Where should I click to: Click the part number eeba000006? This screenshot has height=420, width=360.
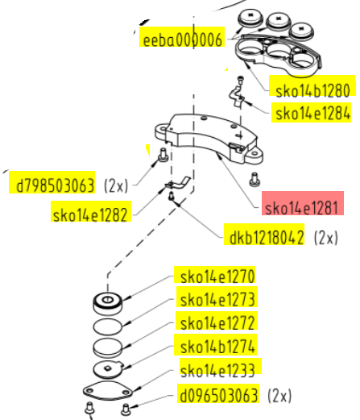[183, 40]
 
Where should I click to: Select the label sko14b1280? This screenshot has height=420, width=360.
[312, 90]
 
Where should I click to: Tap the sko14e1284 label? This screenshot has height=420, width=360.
[313, 113]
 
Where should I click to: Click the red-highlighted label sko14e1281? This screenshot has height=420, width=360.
[301, 208]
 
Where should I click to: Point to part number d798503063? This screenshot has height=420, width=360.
[56, 185]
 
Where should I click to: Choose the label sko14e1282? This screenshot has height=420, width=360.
[90, 215]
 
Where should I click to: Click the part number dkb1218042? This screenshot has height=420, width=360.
[267, 237]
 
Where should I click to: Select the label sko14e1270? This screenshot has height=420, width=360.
[217, 277]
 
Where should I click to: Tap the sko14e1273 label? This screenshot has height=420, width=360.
[217, 300]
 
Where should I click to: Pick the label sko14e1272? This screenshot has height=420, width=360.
[217, 323]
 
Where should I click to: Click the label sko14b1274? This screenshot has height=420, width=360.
[217, 347]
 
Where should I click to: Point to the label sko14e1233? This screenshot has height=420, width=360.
[217, 371]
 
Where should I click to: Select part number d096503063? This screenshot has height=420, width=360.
[219, 395]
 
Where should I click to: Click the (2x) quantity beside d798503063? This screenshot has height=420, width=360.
[116, 185]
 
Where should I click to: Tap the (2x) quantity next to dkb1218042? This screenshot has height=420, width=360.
[326, 237]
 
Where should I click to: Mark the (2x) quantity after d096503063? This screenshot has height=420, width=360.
[279, 395]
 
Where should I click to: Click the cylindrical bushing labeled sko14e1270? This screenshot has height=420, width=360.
[108, 304]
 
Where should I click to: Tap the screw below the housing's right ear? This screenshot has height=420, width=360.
[254, 180]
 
